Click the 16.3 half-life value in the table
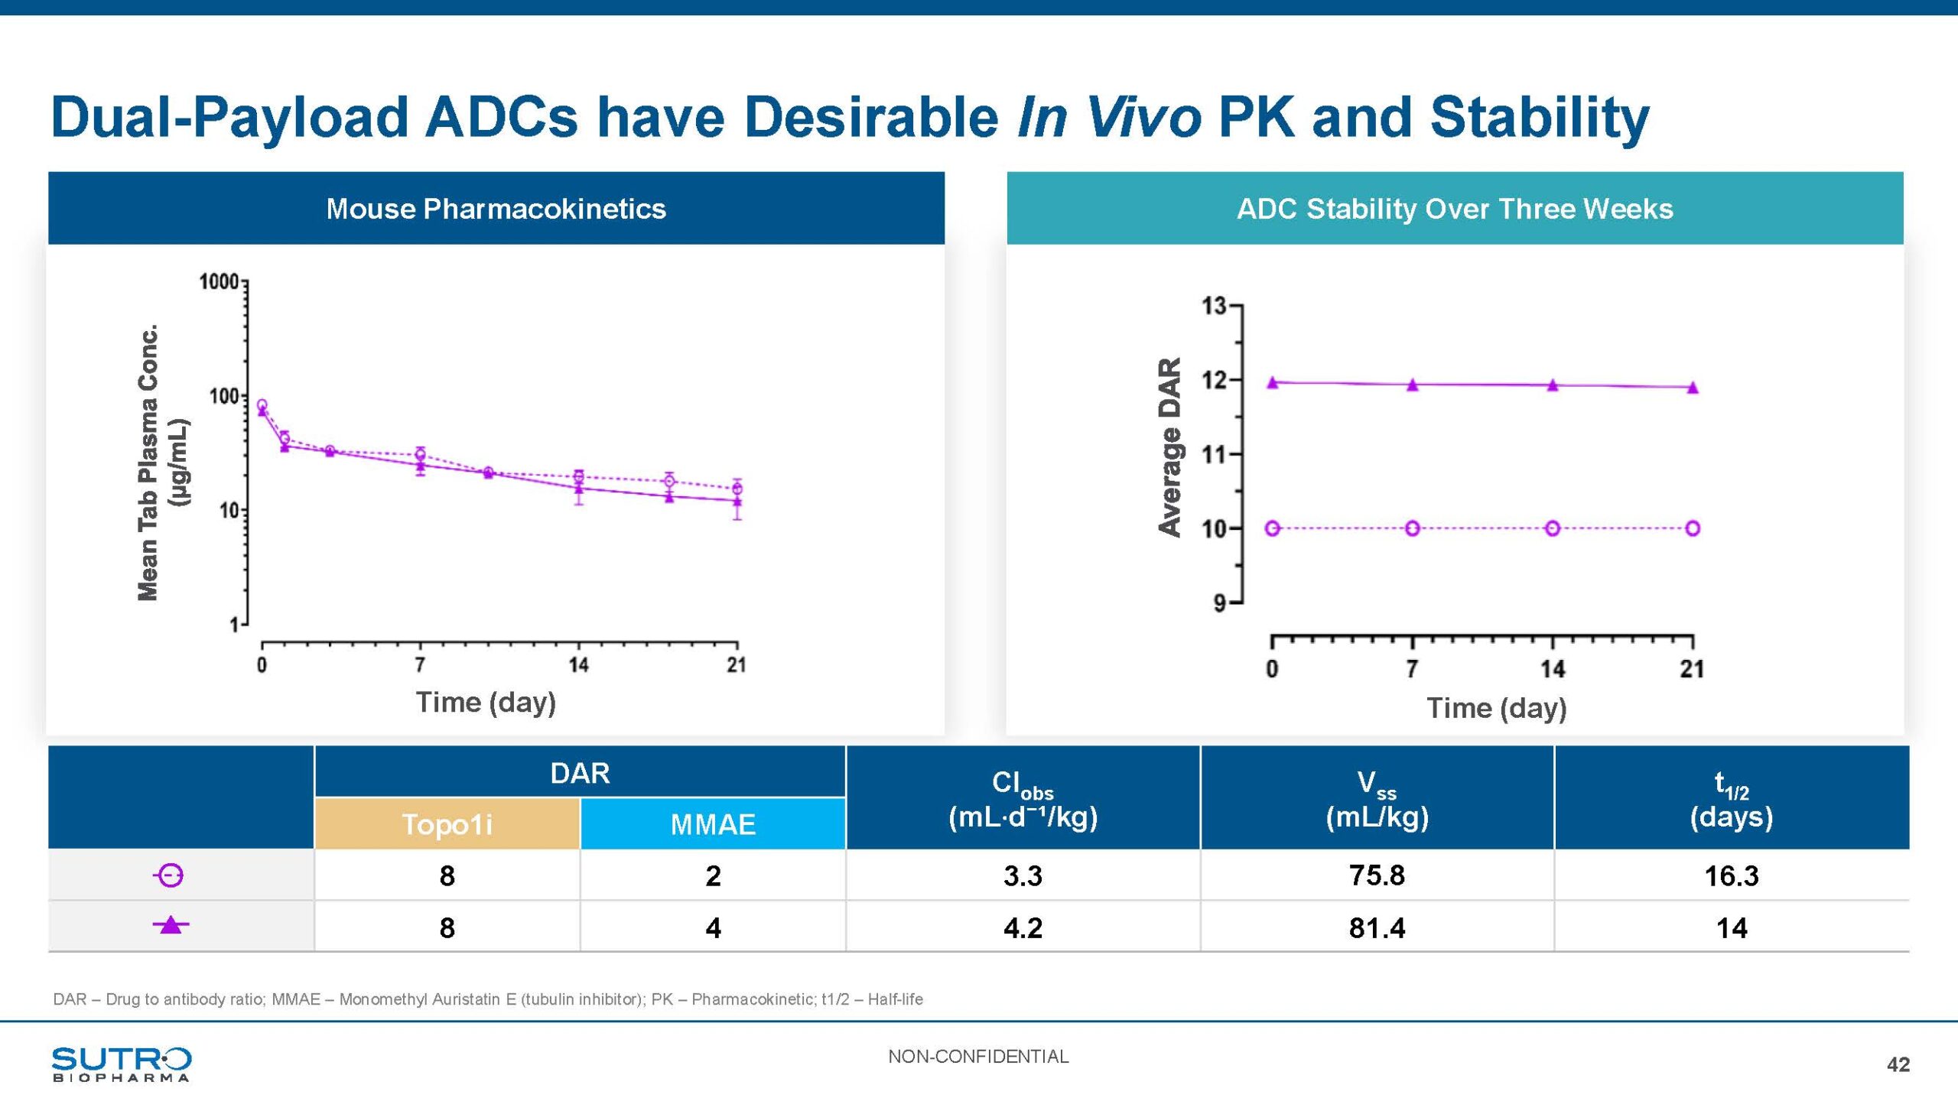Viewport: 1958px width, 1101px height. (x=1731, y=875)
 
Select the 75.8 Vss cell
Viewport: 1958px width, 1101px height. (x=1377, y=875)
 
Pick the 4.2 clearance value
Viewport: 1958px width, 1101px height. (x=1023, y=927)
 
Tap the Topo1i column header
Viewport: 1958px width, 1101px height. (x=447, y=824)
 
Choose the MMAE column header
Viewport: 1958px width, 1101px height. (x=713, y=824)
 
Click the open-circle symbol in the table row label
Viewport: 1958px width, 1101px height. (x=170, y=875)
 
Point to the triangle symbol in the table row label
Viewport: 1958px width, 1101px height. (x=171, y=925)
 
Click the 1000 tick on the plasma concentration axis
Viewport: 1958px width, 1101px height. (x=219, y=282)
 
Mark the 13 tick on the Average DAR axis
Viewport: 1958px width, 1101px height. (x=1214, y=306)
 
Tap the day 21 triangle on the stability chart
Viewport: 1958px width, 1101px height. (x=1693, y=388)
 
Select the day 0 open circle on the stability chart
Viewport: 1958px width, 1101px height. (x=1273, y=528)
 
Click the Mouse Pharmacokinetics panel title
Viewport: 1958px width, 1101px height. (x=496, y=209)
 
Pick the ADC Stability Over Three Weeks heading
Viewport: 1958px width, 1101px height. (x=1455, y=209)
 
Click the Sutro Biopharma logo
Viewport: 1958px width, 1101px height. (x=122, y=1064)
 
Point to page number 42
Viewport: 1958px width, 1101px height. (x=1898, y=1064)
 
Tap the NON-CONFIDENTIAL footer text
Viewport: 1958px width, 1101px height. (x=978, y=1057)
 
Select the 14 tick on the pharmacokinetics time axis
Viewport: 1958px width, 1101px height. (x=578, y=665)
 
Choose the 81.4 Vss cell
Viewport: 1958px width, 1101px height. (x=1377, y=927)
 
